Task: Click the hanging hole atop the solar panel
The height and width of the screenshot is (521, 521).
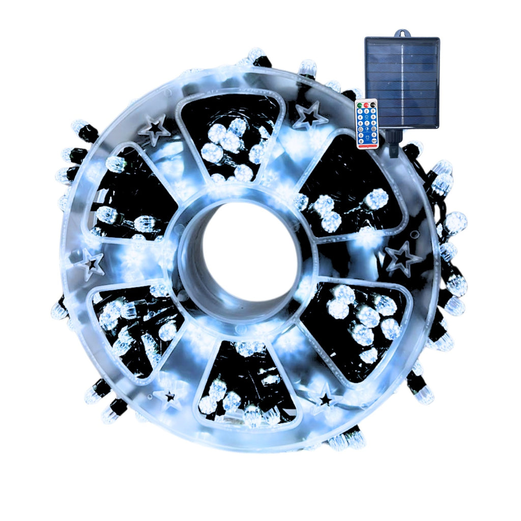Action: click(x=402, y=34)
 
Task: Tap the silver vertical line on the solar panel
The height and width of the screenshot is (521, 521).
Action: click(x=402, y=81)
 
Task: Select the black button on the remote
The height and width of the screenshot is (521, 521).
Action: click(x=373, y=105)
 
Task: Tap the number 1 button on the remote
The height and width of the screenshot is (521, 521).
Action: click(x=360, y=111)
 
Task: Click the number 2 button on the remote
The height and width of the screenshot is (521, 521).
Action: click(x=366, y=111)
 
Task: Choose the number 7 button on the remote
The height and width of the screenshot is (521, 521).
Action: click(x=367, y=123)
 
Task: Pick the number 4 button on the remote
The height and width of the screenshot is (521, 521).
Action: click(x=360, y=118)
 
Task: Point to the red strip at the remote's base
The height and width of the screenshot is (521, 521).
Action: click(x=368, y=146)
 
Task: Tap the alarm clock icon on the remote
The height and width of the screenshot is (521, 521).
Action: click(x=367, y=137)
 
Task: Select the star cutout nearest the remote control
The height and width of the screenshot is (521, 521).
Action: click(x=309, y=115)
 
